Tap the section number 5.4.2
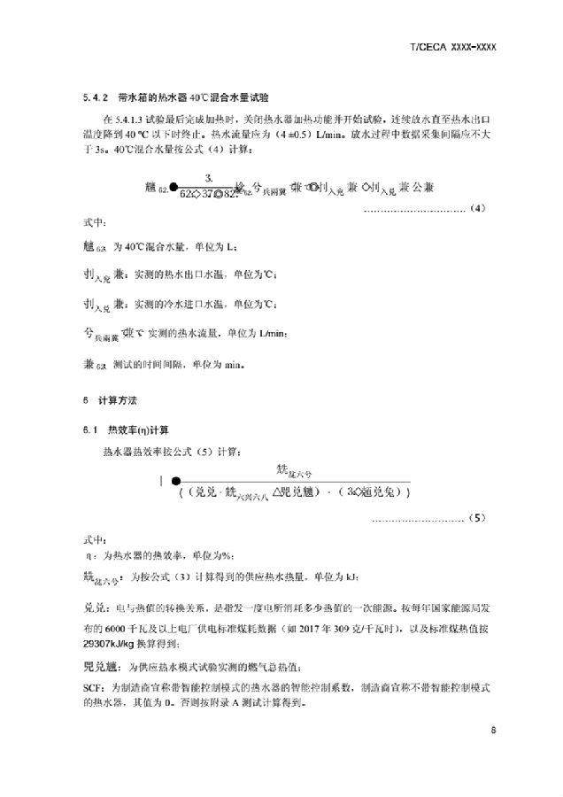[x=90, y=97]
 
